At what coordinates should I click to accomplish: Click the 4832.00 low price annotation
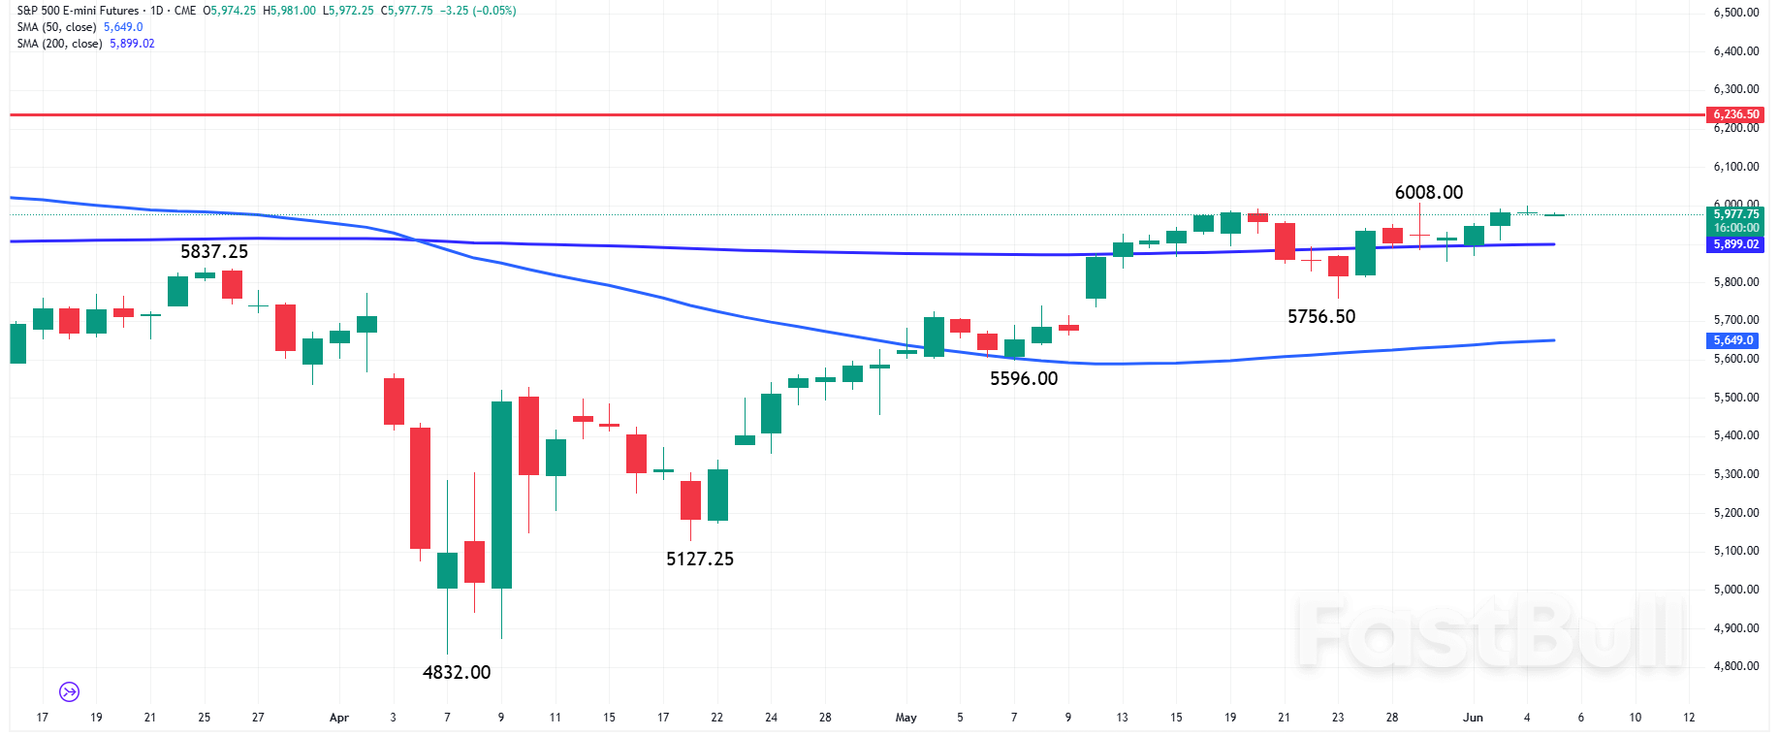tap(457, 672)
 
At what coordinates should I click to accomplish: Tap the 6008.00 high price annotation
tap(1428, 192)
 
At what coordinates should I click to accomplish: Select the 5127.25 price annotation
tap(699, 559)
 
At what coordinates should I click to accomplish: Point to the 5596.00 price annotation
tap(1023, 378)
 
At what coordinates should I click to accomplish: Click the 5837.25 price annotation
tap(213, 251)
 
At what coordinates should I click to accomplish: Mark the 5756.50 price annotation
tap(1320, 316)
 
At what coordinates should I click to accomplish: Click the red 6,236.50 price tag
tap(1734, 114)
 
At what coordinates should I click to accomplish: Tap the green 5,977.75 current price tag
tap(1734, 215)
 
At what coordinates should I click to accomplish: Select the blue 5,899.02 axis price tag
tap(1734, 244)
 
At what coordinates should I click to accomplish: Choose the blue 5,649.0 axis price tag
tap(1732, 340)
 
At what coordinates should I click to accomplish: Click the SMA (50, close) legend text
tap(56, 27)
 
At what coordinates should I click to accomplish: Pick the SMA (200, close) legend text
tap(59, 44)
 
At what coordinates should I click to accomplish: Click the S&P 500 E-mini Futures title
tap(78, 11)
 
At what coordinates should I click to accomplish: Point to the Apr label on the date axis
tap(338, 718)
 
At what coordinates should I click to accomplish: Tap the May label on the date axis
tap(905, 718)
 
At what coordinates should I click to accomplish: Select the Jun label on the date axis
tap(1472, 718)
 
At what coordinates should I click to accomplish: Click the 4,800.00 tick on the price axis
tap(1735, 666)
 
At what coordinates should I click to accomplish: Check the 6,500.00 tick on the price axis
tap(1735, 13)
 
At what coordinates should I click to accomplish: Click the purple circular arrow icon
tap(69, 691)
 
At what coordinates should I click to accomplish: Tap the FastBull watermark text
tap(1490, 635)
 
